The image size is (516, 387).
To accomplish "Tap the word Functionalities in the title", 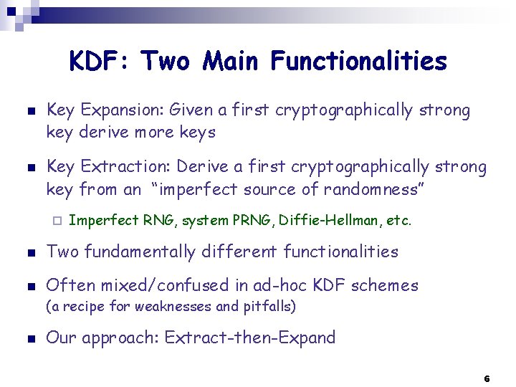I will tap(359, 62).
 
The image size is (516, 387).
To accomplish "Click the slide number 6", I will tap(487, 378).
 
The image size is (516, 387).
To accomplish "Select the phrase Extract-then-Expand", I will tap(250, 338).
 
